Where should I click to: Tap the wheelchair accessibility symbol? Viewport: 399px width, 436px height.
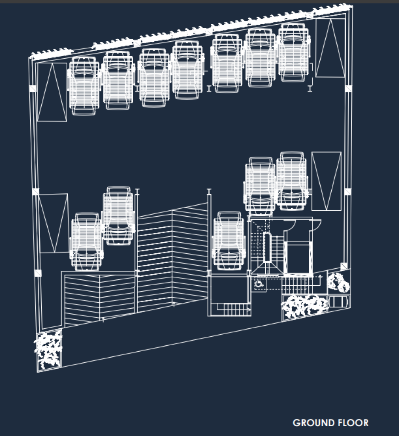259,284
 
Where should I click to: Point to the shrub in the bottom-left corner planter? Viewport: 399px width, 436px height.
48,351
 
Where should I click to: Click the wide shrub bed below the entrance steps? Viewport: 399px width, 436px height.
305,306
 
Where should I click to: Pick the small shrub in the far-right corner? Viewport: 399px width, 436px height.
338,282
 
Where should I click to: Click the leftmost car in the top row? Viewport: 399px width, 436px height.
84,86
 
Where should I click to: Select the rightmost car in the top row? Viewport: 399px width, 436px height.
294,52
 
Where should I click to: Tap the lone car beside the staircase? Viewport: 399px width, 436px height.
229,241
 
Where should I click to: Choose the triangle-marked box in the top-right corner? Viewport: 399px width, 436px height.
330,48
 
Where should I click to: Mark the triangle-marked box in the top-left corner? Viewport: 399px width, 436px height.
52,92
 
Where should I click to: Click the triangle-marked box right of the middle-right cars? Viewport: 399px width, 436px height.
327,181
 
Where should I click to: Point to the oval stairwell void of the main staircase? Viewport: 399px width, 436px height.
267,247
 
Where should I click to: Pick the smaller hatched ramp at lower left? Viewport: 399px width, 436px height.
100,298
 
